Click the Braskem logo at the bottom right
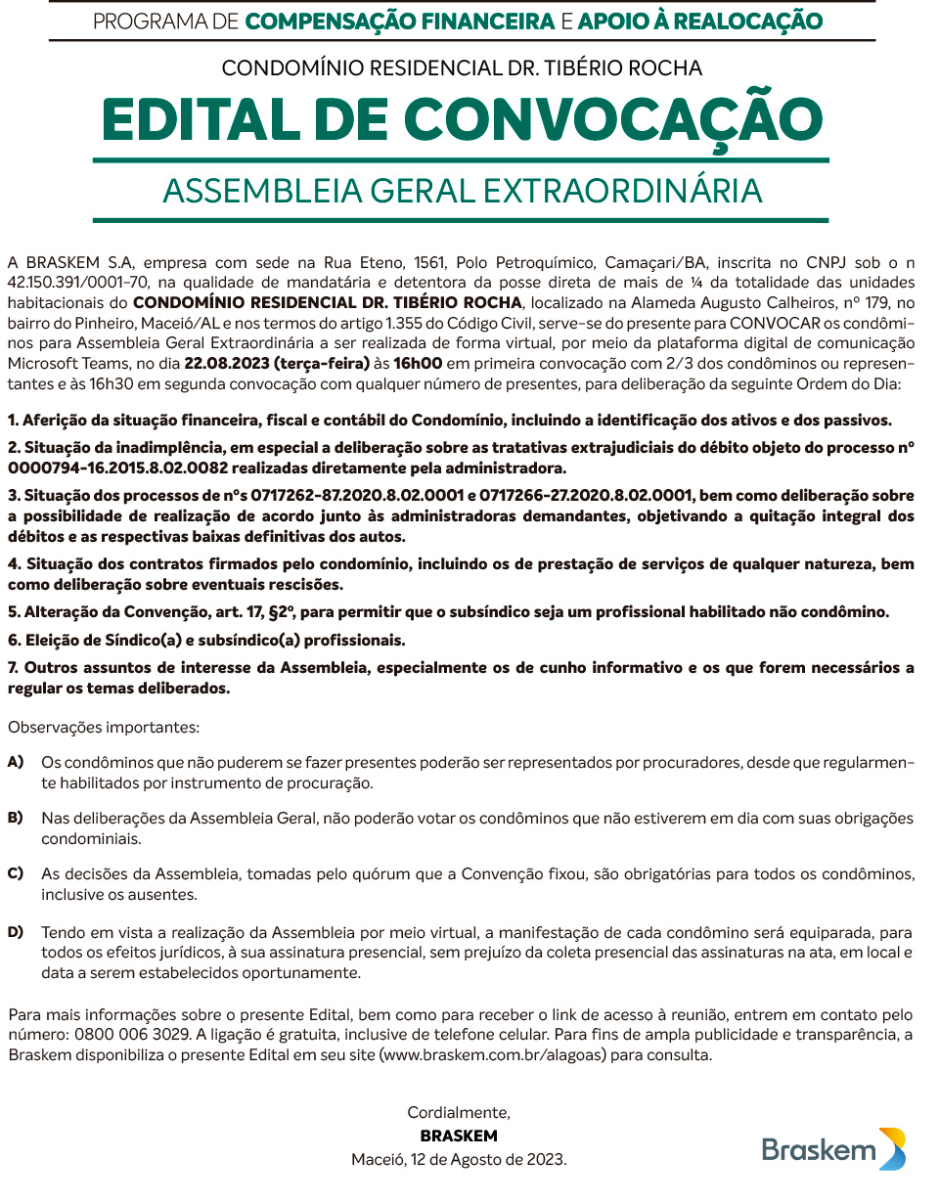[x=833, y=1149]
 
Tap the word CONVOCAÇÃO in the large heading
[x=613, y=119]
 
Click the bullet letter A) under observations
[x=16, y=761]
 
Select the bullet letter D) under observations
[x=16, y=931]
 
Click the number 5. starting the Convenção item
[x=14, y=612]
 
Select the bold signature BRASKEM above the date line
[x=459, y=1136]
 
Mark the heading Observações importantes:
[x=103, y=728]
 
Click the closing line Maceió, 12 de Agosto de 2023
[x=459, y=1159]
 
